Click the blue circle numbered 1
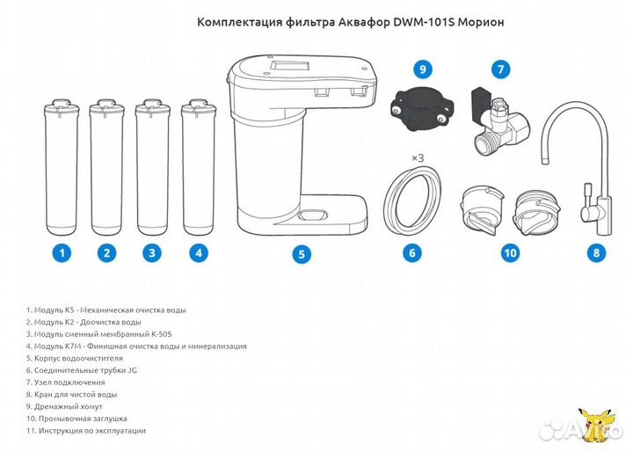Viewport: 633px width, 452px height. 61,253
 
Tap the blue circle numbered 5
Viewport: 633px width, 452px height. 301,254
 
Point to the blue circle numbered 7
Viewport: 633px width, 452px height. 500,69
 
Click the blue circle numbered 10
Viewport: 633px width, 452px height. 509,253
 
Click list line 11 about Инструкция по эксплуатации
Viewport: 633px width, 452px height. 86,431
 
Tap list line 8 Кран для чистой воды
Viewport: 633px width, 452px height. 71,395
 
